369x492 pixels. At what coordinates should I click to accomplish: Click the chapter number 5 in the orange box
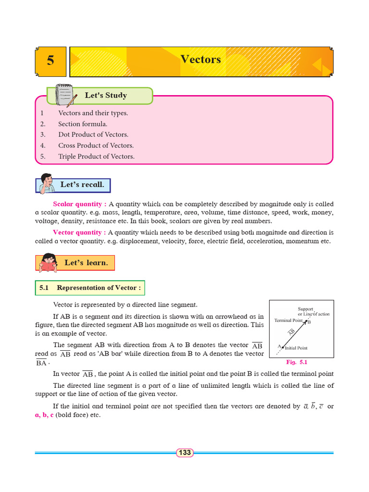pos(50,61)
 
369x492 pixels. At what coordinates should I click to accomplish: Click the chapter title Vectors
pos(201,59)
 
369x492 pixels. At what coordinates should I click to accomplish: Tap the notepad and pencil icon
pos(64,95)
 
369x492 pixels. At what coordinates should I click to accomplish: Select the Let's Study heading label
pos(106,95)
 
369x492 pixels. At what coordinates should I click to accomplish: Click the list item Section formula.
pos(83,124)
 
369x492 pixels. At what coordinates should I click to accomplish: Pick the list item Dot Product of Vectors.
pos(93,135)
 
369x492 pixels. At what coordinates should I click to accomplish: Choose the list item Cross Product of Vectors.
pos(96,146)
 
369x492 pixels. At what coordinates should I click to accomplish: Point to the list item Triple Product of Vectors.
pos(97,156)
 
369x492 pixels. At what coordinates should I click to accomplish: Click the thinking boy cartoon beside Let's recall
pos(46,184)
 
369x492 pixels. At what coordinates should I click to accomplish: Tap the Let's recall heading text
pos(82,184)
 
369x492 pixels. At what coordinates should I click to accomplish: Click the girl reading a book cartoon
pos(49,263)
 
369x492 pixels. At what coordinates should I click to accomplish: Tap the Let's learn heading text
pos(86,263)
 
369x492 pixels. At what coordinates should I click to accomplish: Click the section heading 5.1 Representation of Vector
pos(90,288)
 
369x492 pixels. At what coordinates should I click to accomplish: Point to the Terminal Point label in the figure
pos(288,320)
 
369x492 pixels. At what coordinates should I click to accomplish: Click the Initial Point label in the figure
pos(296,348)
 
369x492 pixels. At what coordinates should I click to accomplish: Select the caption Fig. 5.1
pos(296,362)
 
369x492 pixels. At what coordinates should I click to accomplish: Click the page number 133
pos(184,453)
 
